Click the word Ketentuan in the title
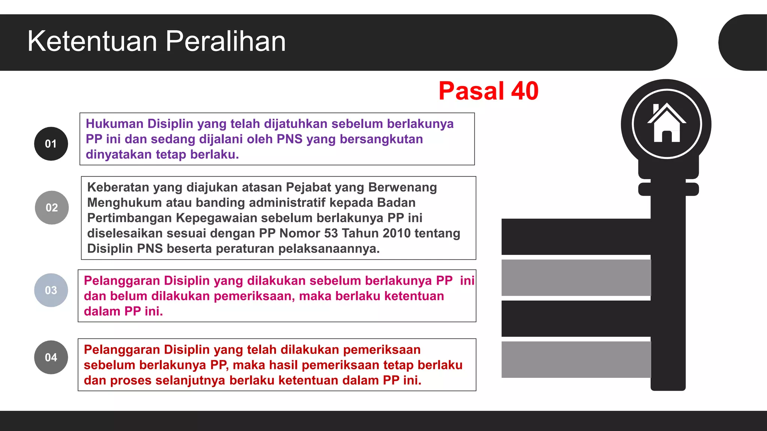(92, 41)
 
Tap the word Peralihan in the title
(225, 41)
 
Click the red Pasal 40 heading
(488, 91)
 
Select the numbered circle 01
(51, 144)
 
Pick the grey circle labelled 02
(52, 208)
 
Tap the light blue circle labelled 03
(51, 290)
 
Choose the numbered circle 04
(51, 357)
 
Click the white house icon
(667, 123)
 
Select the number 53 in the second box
(331, 233)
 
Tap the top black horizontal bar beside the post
(576, 236)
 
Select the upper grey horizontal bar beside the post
(576, 278)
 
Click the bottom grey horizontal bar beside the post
(576, 359)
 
